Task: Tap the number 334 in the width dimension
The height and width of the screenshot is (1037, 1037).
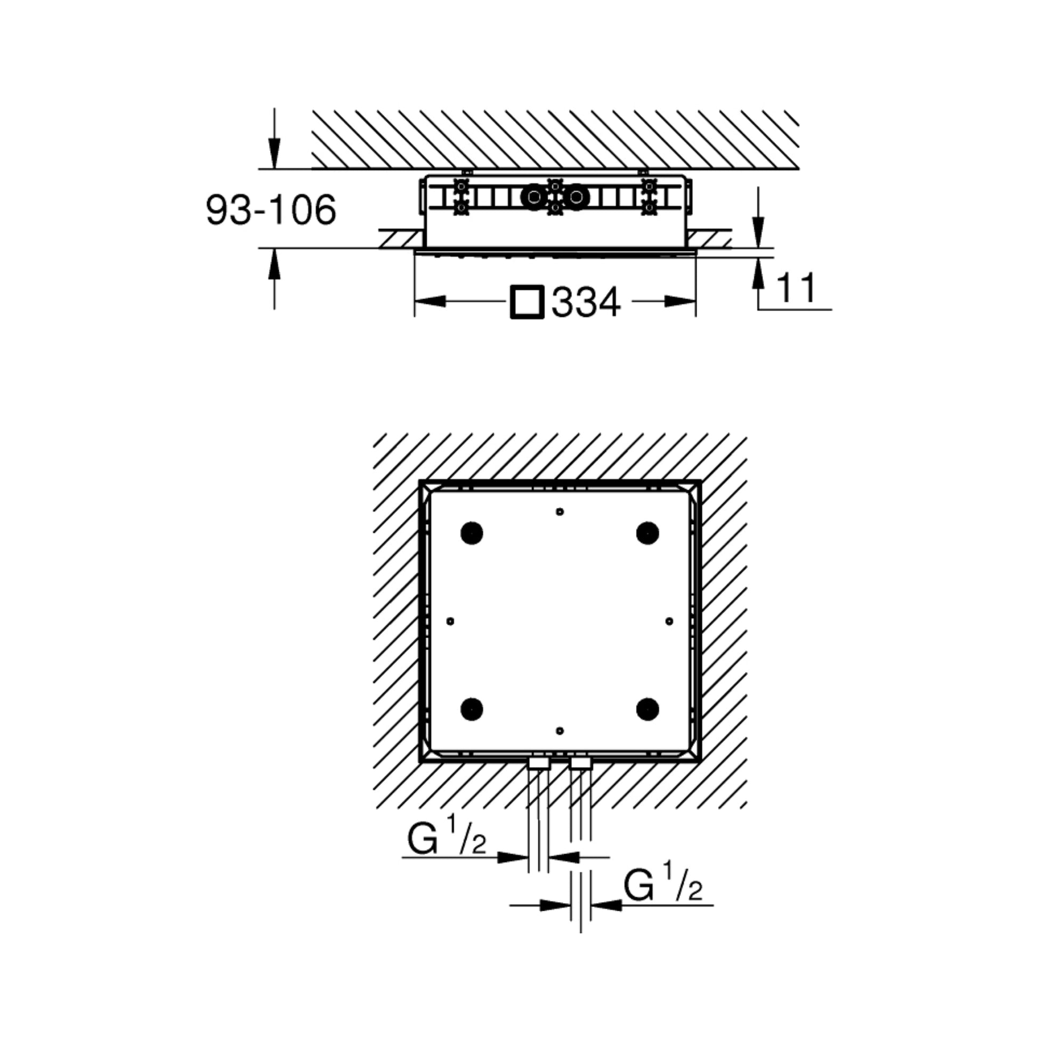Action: point(586,302)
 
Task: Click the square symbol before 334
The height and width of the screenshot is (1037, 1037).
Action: point(527,302)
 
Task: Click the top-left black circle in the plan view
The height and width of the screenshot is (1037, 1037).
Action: point(472,533)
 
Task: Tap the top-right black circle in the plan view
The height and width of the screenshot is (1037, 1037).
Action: point(648,533)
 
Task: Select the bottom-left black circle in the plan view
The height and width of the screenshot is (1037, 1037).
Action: point(472,709)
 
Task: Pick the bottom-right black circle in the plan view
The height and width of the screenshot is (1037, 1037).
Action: point(648,709)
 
